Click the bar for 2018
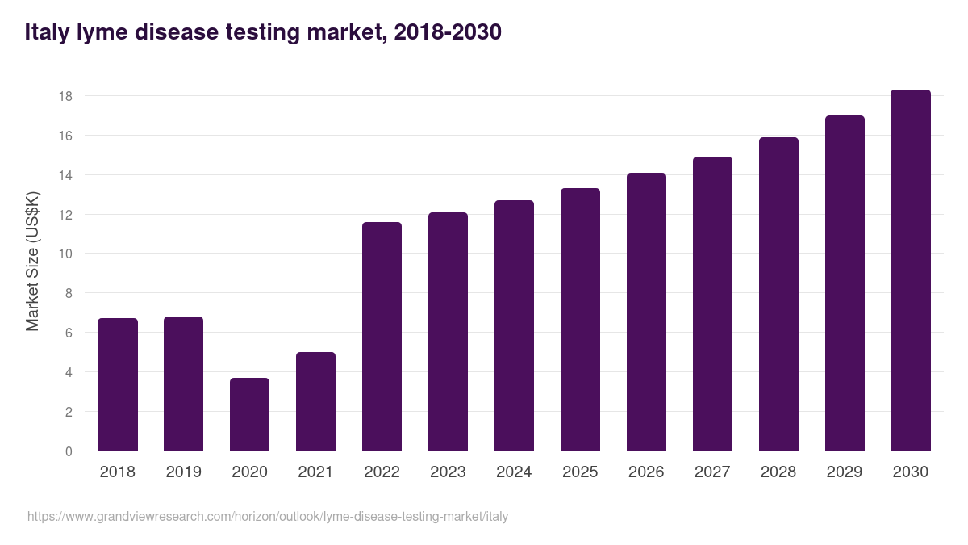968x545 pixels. coord(118,385)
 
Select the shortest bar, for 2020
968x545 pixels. coord(250,414)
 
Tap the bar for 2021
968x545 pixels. coord(316,401)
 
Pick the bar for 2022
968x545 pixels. coord(382,337)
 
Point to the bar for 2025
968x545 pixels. coord(581,320)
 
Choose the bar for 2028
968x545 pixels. coord(779,294)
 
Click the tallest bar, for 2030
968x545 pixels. coord(911,270)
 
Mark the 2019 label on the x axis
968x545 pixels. coord(184,472)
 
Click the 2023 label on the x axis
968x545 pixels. coord(449,472)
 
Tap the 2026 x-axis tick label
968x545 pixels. coord(647,472)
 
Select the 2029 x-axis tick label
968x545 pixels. coord(845,472)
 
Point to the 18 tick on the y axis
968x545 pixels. coord(65,96)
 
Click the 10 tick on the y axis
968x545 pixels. coord(65,254)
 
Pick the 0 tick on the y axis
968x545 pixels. coord(69,451)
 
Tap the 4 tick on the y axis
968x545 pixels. coord(69,372)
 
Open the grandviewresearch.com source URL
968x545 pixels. coord(268,516)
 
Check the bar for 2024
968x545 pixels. coord(515,325)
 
